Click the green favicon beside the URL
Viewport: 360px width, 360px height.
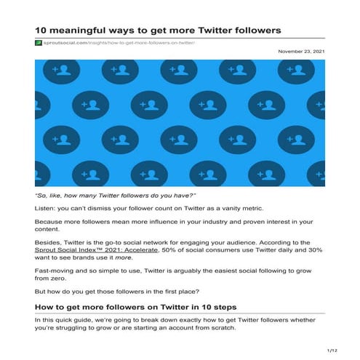38,44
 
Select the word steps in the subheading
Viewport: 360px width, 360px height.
221,306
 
